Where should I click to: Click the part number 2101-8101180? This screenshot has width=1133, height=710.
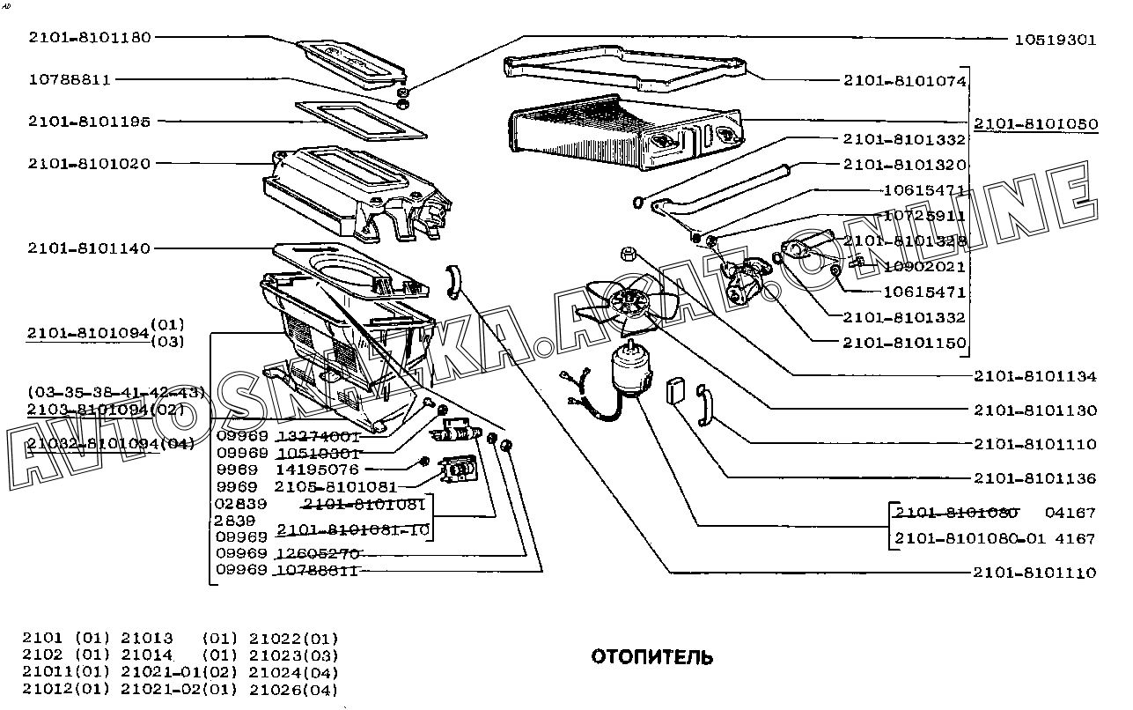point(89,37)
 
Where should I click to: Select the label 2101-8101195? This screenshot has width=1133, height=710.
point(89,121)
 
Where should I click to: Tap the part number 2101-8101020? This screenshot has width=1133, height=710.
point(89,163)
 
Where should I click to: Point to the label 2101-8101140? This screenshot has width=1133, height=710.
point(89,248)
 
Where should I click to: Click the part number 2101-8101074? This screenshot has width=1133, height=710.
point(904,81)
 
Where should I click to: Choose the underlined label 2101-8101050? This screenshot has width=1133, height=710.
point(1035,124)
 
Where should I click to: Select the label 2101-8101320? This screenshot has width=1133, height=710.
point(904,165)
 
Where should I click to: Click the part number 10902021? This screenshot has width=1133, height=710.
point(924,266)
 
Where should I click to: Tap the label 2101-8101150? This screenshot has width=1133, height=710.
point(904,343)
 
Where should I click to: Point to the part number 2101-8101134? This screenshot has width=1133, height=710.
point(1035,376)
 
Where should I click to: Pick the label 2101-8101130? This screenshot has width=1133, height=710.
point(1035,410)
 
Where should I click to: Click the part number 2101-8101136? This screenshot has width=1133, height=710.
point(1035,478)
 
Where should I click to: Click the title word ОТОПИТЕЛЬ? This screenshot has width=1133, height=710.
point(651,657)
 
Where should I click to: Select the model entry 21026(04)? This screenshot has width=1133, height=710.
point(294,690)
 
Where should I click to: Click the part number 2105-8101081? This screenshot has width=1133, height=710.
point(335,486)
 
